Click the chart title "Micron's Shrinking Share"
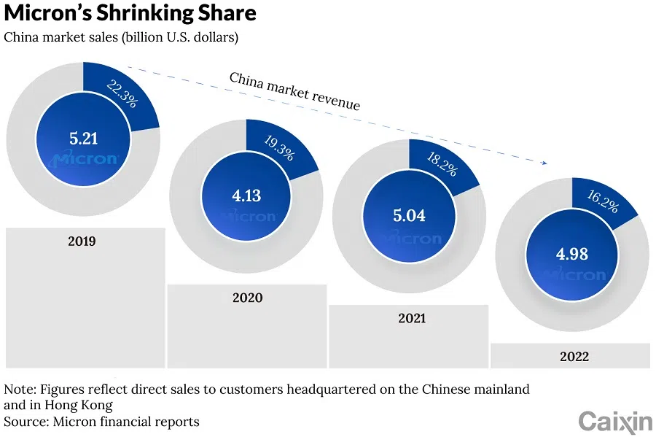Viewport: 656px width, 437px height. tap(130, 13)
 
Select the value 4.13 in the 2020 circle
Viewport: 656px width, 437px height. tap(246, 195)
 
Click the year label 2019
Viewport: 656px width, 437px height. tap(82, 241)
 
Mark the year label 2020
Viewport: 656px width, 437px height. tap(247, 298)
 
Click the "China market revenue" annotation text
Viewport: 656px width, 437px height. tap(294, 91)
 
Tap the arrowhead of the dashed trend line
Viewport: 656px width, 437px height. tap(544, 163)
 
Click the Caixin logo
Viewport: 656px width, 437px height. tap(615, 421)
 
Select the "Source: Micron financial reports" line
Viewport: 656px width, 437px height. tap(102, 422)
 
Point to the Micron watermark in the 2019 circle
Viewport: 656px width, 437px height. tap(85, 159)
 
